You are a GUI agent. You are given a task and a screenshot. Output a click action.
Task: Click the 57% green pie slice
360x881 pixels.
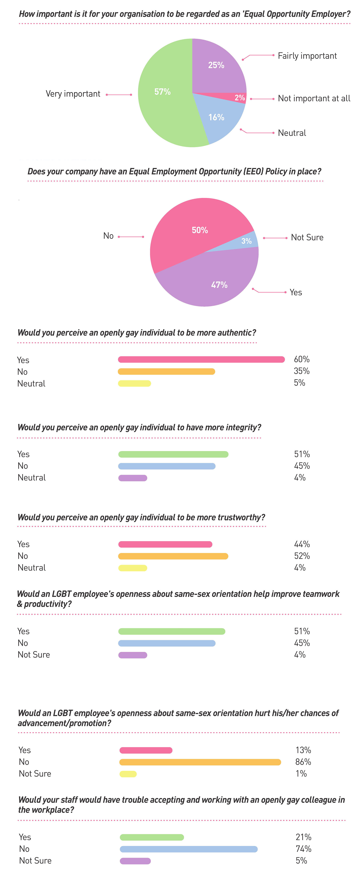coord(164,99)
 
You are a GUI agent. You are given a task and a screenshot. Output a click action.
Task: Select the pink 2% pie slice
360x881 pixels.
coord(236,98)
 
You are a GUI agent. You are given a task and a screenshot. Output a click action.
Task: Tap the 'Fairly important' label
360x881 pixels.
coord(307,56)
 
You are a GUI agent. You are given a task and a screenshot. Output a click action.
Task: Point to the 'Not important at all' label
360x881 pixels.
coord(314,99)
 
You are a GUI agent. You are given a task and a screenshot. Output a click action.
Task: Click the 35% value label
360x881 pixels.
coord(302,371)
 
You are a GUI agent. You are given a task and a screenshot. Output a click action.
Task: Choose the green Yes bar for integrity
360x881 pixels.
coord(173,454)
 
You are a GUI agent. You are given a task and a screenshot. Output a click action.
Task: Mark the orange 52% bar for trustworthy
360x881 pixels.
coord(173,556)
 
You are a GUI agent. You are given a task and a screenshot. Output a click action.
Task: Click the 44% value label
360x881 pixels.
coord(302,544)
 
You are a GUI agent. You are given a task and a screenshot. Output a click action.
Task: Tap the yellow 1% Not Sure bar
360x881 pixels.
coord(128,774)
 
